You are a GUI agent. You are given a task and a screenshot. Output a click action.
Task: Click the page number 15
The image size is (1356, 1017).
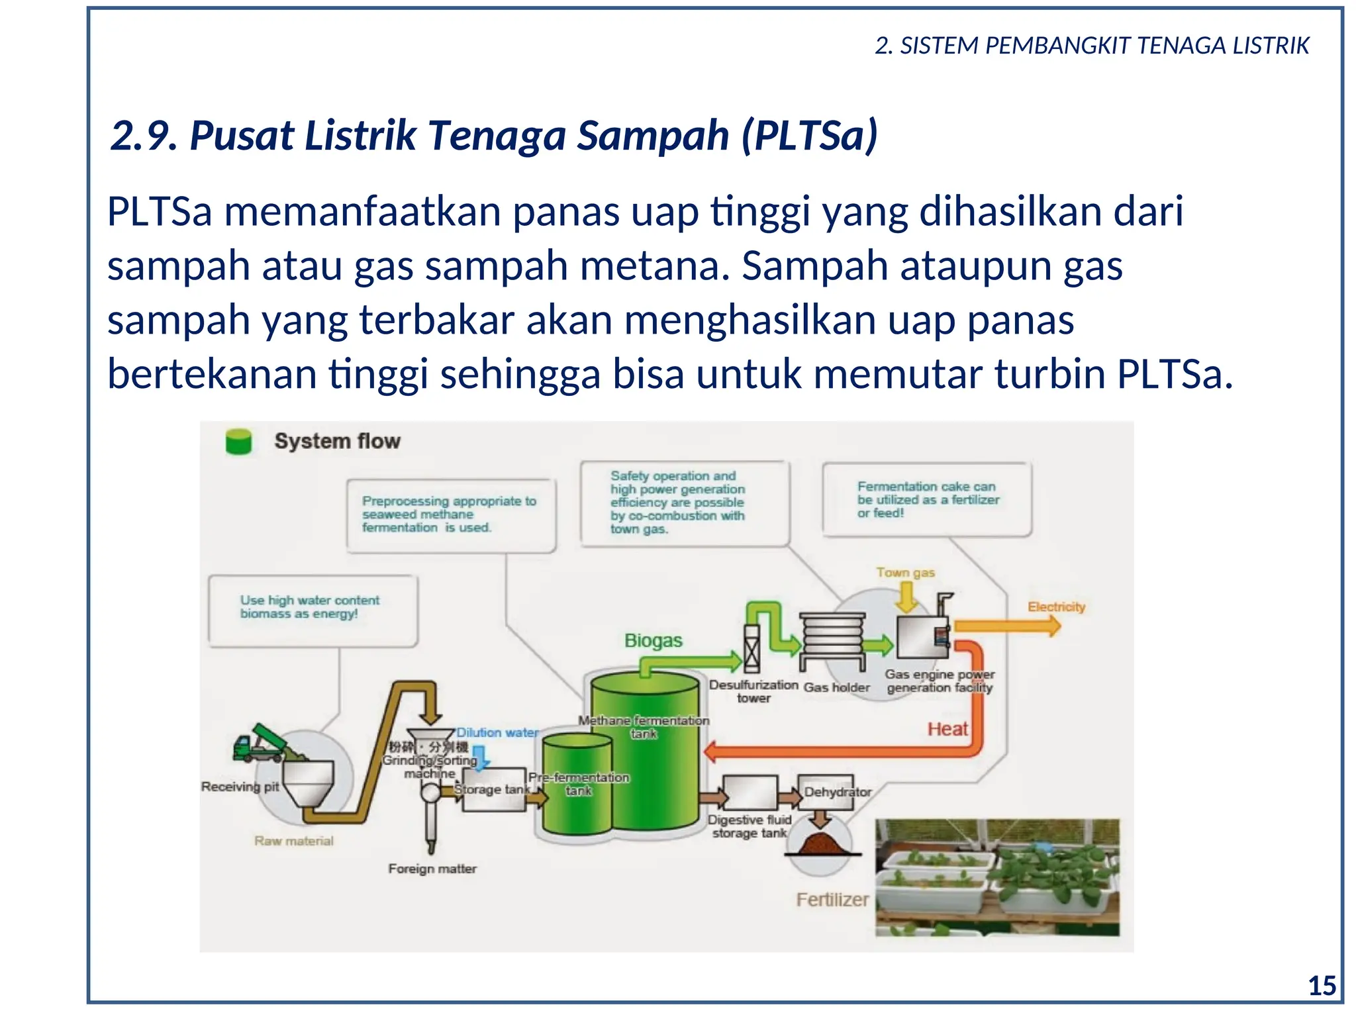tap(1322, 986)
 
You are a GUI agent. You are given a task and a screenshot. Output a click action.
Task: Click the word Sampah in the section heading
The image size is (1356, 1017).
tap(652, 136)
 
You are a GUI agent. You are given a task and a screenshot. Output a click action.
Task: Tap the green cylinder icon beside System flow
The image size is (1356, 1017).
tap(238, 442)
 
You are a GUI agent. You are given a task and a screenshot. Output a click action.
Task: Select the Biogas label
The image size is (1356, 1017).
tap(653, 640)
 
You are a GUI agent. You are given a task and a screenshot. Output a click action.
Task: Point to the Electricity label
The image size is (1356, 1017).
tap(1056, 606)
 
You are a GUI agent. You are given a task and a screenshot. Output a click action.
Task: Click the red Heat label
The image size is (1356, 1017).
tap(947, 729)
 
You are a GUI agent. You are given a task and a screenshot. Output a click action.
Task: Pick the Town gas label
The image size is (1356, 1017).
tap(905, 572)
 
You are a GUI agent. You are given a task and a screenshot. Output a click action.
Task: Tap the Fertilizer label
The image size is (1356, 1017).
tap(832, 899)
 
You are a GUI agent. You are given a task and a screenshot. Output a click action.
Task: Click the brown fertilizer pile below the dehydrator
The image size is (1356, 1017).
tap(822, 844)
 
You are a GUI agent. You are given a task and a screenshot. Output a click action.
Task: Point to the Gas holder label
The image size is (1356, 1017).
tap(836, 687)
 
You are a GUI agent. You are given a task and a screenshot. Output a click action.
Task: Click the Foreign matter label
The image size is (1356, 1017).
tap(432, 869)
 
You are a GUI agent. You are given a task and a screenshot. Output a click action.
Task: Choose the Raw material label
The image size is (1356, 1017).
tap(294, 841)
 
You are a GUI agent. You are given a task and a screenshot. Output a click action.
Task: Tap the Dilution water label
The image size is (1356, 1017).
tap(497, 732)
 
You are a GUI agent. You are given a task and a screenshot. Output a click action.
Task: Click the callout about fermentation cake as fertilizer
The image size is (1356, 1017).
tap(927, 500)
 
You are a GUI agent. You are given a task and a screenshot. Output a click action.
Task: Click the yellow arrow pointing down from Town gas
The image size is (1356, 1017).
tap(906, 597)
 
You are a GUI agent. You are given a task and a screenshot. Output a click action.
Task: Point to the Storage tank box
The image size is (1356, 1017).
tap(493, 789)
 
